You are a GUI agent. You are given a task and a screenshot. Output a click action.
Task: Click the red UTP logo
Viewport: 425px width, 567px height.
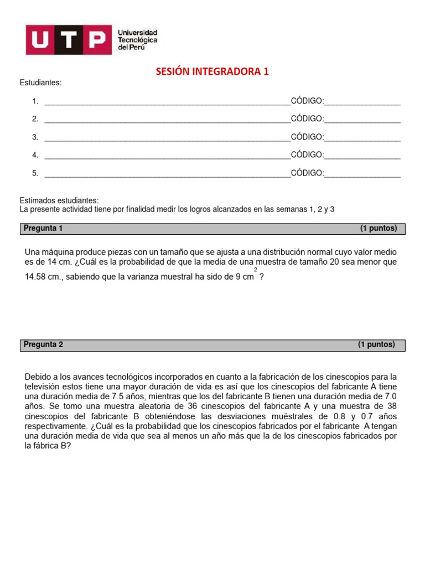66,40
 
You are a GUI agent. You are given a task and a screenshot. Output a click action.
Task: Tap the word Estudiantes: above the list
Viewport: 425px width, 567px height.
41,83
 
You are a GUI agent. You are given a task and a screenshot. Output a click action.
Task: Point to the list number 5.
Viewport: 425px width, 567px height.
35,173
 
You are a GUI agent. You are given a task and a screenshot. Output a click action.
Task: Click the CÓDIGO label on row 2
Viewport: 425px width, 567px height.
307,119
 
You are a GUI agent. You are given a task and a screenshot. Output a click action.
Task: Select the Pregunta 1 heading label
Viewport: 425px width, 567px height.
44,228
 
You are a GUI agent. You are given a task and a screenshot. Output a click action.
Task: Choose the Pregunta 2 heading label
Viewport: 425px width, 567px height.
44,344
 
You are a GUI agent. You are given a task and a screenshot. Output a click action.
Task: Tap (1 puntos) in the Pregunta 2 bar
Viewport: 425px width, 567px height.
376,344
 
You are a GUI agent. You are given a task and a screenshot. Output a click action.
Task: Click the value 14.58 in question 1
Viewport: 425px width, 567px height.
36,277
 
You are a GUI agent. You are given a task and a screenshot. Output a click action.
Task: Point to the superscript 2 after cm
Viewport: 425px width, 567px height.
255,270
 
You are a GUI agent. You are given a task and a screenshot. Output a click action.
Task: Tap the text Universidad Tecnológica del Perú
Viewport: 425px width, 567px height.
137,40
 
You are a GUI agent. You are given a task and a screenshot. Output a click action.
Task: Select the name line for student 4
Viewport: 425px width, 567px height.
167,156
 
